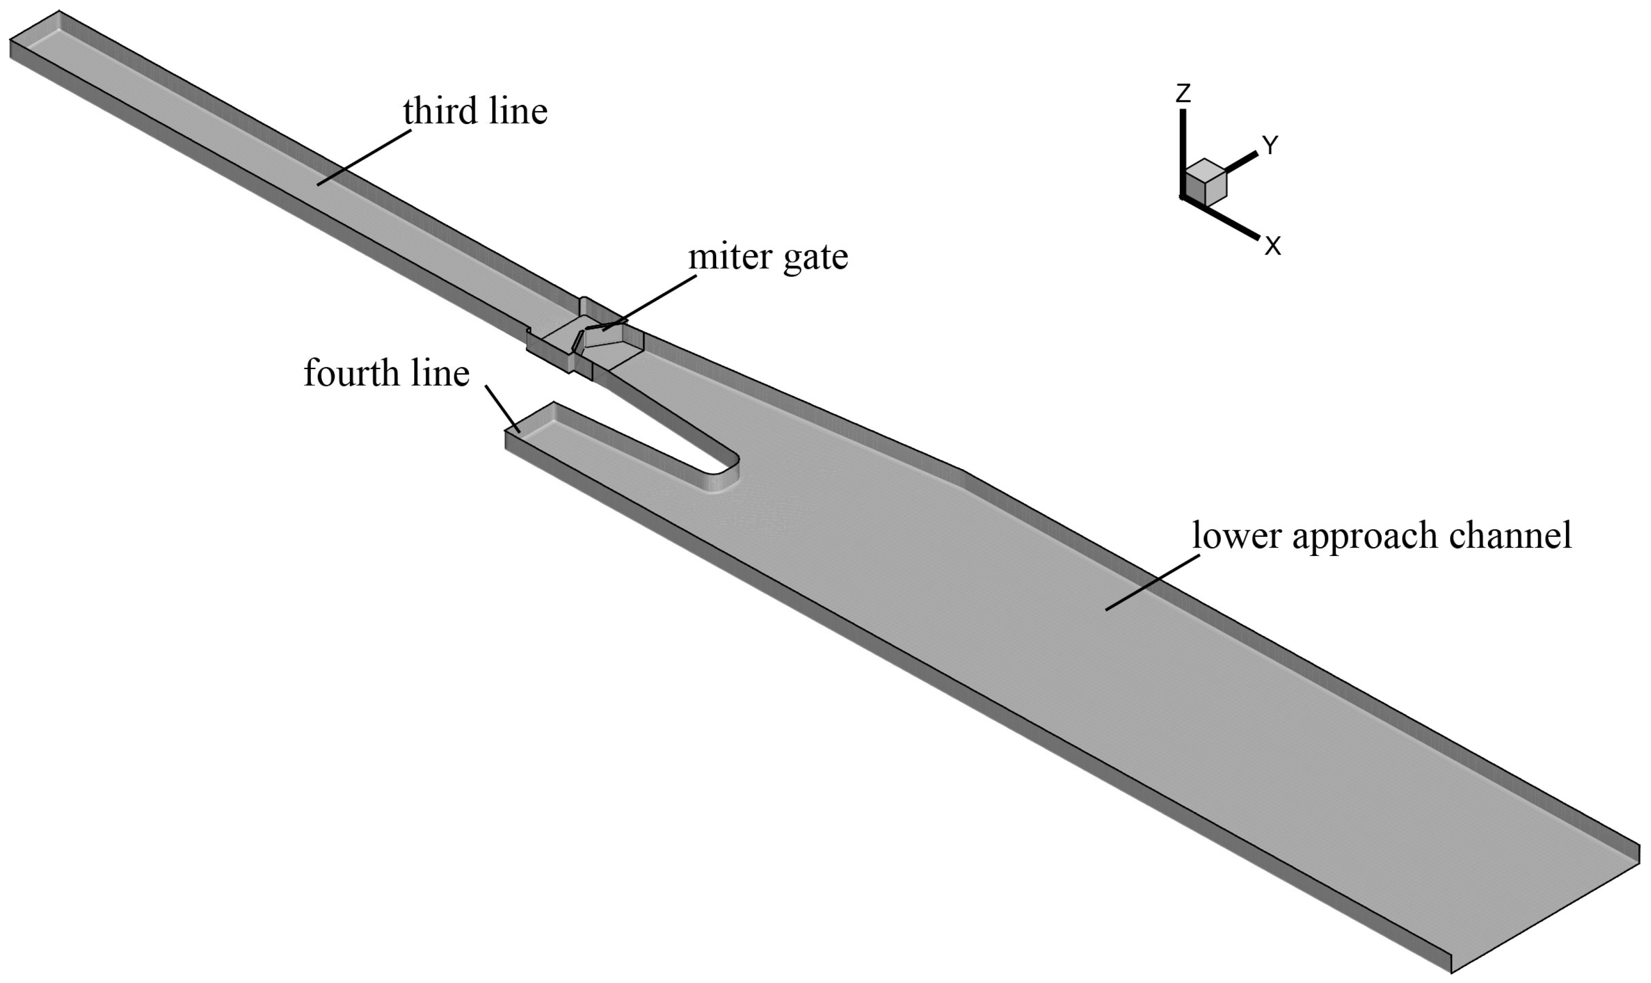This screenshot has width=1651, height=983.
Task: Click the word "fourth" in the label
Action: tap(354, 374)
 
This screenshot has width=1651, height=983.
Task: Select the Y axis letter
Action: tap(1269, 145)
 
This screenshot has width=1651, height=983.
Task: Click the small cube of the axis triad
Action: tap(1205, 181)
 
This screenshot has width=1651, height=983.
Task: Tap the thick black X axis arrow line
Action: tap(1222, 218)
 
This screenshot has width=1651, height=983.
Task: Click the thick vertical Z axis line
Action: tap(1182, 152)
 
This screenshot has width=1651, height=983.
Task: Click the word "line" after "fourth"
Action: tap(438, 374)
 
